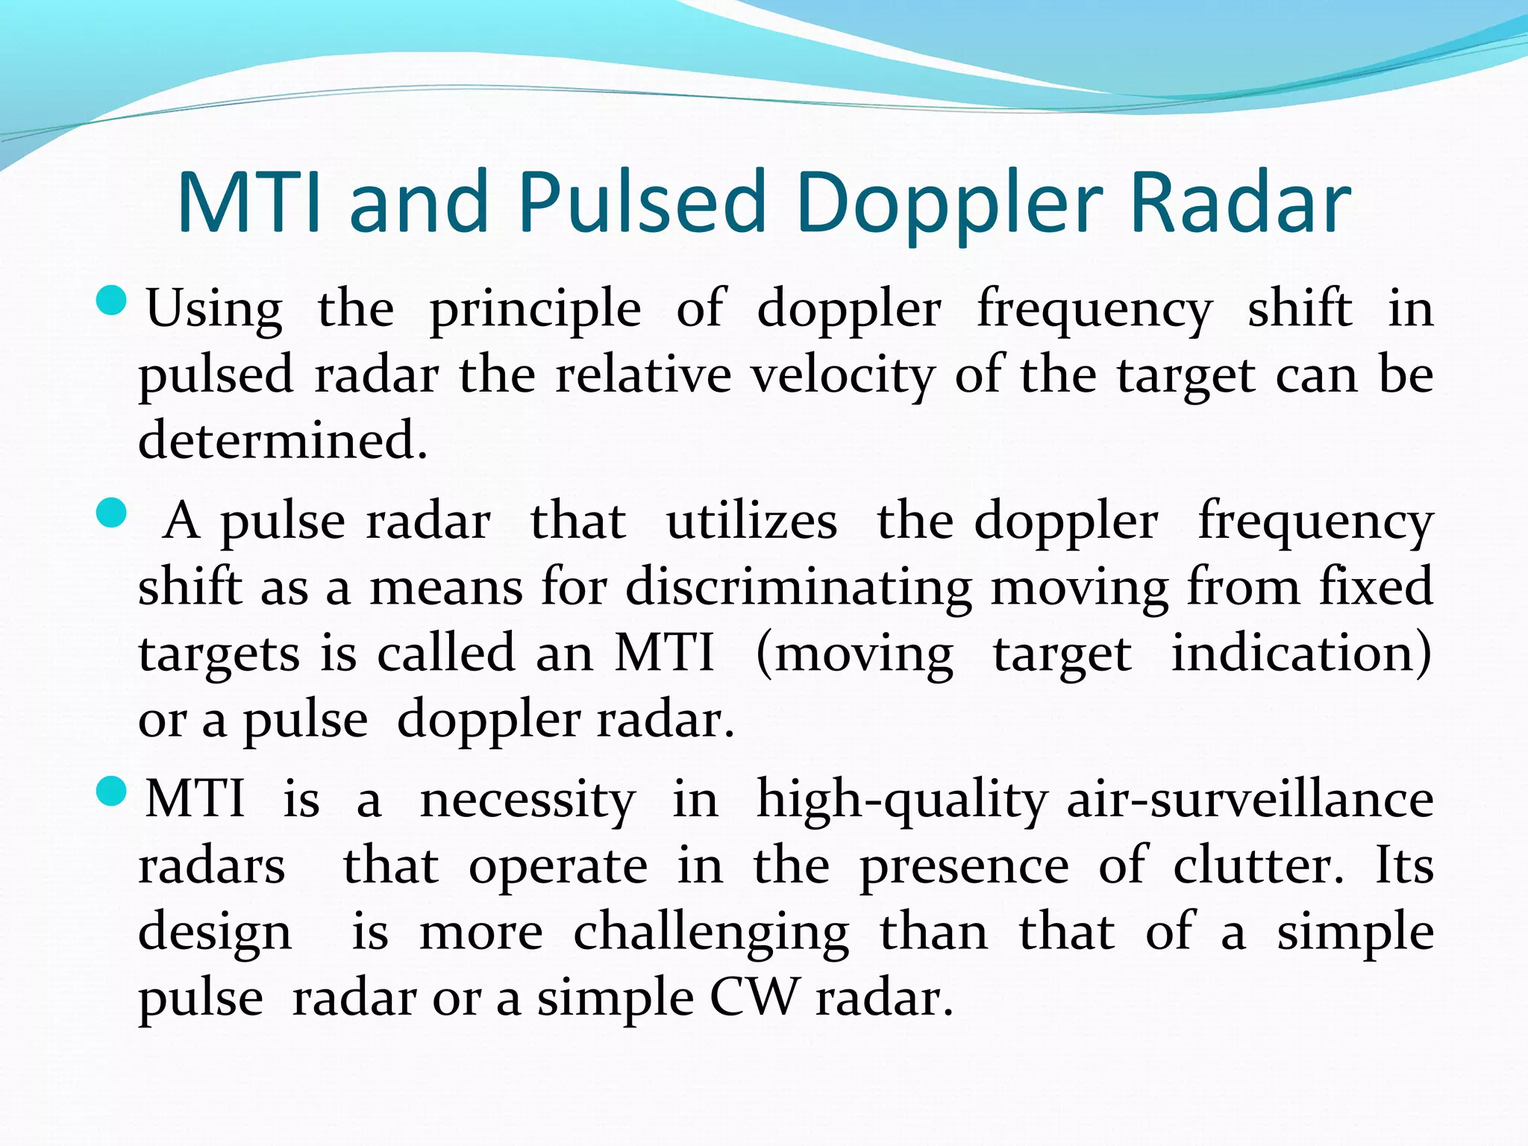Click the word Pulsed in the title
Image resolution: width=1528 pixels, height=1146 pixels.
click(642, 202)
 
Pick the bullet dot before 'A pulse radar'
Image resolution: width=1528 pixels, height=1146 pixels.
click(112, 514)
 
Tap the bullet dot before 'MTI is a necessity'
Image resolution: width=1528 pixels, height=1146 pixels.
click(112, 792)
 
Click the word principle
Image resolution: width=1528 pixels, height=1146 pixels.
click(535, 309)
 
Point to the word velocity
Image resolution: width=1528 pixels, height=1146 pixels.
click(842, 375)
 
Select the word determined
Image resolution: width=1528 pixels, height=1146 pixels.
click(283, 439)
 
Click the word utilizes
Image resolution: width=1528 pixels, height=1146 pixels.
click(751, 521)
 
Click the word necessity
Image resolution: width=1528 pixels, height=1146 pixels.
click(527, 800)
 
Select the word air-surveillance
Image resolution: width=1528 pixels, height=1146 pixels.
click(1250, 800)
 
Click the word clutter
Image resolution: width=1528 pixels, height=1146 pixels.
click(1258, 865)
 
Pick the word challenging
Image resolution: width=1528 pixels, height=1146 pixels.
click(711, 933)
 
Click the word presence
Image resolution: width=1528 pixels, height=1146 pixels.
click(964, 867)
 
